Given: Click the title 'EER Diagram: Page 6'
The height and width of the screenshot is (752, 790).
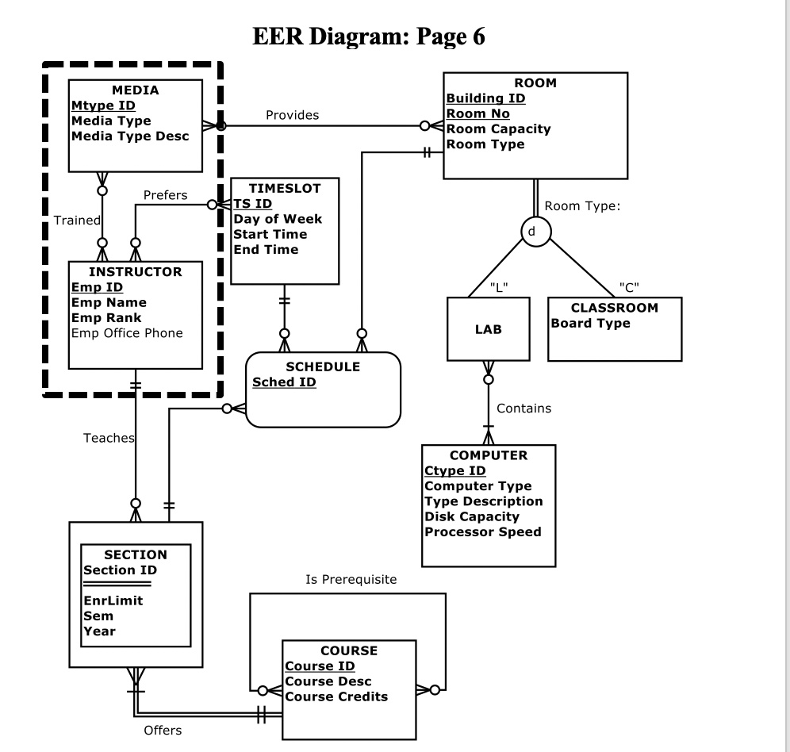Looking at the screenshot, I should [x=368, y=36].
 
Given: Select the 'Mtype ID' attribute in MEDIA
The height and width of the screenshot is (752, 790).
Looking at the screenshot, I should [x=103, y=106].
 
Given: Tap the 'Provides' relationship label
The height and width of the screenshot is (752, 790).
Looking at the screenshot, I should [x=292, y=115].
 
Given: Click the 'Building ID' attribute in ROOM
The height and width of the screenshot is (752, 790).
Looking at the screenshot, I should [x=485, y=98].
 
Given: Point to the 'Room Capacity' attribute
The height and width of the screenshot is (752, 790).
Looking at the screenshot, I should [x=498, y=129].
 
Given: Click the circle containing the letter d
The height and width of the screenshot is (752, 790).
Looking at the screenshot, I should [x=535, y=231].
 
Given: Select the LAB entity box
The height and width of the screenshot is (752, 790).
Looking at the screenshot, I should [x=487, y=329].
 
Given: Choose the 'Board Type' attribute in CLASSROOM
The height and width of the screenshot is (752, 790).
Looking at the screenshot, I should [x=590, y=323].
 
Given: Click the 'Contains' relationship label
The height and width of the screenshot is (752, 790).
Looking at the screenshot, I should [x=523, y=408].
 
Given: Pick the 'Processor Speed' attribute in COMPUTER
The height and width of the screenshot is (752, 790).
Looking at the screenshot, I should [x=483, y=531].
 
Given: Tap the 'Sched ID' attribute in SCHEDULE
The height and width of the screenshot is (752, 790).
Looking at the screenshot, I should [x=284, y=382].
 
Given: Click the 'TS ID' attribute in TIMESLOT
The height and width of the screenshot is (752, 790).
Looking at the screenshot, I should [x=252, y=204].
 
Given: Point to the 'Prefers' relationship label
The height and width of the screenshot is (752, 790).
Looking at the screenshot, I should [x=165, y=194].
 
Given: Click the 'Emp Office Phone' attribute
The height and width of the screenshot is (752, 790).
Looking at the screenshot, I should [x=127, y=332].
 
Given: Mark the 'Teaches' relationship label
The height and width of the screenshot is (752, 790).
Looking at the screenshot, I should [x=109, y=437].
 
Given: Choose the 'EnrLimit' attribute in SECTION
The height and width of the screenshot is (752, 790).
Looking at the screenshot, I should [x=113, y=600].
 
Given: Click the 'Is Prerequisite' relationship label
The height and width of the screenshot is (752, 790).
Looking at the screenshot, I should [x=351, y=580].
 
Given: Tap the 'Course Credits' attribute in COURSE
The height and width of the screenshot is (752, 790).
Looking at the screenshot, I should [x=336, y=696].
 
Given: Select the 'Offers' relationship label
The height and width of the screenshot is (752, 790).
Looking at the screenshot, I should [x=162, y=730].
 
